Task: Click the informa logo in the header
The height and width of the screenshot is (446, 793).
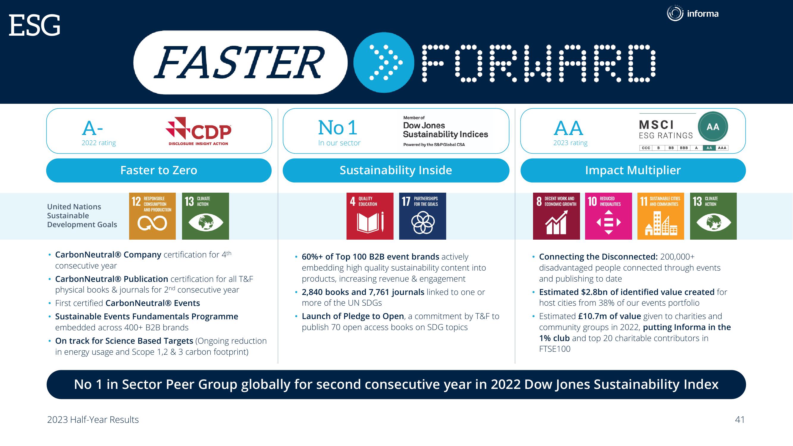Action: point(693,13)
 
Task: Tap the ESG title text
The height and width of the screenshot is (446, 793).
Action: point(35,26)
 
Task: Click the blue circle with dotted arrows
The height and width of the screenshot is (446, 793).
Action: point(384,62)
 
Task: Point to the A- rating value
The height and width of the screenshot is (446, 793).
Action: point(92,128)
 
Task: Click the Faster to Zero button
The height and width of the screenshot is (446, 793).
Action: point(159,170)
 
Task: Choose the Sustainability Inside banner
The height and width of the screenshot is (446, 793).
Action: point(396,170)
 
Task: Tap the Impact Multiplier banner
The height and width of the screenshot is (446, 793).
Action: point(633,170)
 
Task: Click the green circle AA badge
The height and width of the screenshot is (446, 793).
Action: point(713,126)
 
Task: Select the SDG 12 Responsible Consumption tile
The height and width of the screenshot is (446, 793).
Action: point(152,216)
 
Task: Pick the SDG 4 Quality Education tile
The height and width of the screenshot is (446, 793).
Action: point(370,216)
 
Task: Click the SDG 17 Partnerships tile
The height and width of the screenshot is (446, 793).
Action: point(423,216)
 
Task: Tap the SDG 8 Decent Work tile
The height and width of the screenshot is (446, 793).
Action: point(557,216)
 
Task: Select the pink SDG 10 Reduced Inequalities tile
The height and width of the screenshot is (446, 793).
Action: point(609,216)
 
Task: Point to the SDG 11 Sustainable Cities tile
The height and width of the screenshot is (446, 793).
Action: point(661,216)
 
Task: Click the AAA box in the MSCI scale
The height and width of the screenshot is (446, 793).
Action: point(722,148)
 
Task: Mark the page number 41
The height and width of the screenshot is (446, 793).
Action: point(740,420)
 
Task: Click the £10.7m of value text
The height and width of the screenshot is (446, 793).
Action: point(609,316)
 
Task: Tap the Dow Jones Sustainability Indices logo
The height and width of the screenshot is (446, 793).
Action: point(446,131)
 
